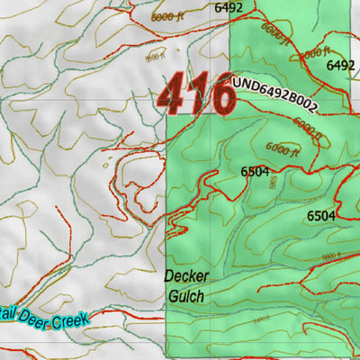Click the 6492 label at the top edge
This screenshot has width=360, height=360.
[229, 7]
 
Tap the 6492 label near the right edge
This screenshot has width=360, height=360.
[340, 66]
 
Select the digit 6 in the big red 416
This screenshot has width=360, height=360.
[220, 94]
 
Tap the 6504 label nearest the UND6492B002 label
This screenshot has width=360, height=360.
[255, 171]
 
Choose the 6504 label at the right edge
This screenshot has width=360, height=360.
[320, 215]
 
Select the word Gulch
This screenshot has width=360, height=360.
[184, 294]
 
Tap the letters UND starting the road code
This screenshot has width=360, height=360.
[243, 84]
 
